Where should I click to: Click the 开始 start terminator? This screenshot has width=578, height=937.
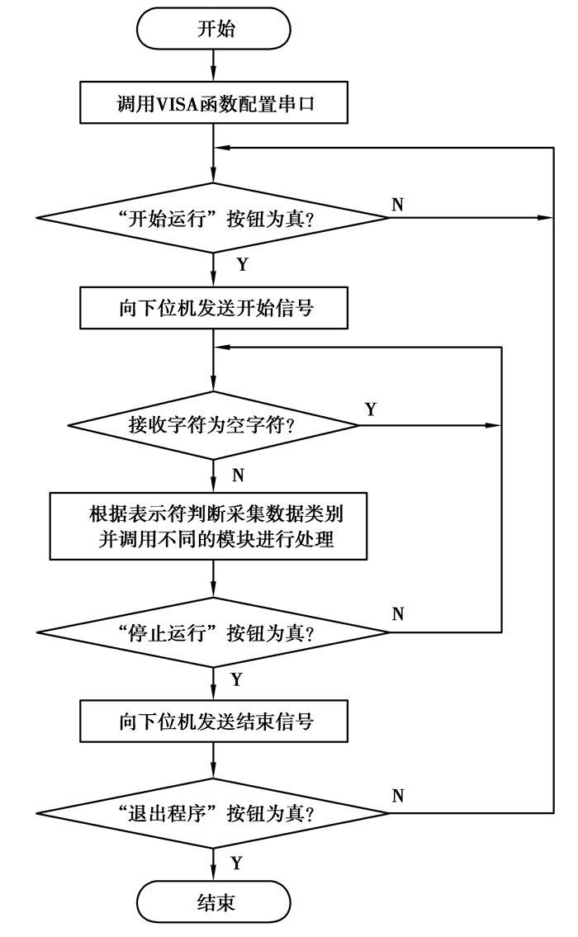tap(215, 30)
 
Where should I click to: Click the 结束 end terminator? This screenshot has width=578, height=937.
tap(215, 902)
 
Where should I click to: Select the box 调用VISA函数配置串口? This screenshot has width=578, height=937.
tap(215, 104)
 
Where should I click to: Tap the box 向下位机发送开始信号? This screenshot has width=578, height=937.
tap(215, 307)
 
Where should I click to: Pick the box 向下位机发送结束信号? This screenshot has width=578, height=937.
tap(215, 722)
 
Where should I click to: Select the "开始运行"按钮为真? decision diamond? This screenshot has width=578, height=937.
tap(215, 218)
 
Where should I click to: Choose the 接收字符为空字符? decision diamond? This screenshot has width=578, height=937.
tap(215, 426)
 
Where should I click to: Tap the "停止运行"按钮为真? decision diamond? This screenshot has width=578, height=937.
tap(215, 632)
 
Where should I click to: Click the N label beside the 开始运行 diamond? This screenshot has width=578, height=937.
tap(397, 204)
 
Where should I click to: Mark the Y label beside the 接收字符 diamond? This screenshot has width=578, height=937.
tap(370, 410)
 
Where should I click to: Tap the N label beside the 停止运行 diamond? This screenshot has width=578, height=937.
tap(397, 614)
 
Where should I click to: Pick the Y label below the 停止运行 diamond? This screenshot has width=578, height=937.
tap(236, 679)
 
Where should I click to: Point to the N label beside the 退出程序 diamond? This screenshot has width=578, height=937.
tap(397, 797)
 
